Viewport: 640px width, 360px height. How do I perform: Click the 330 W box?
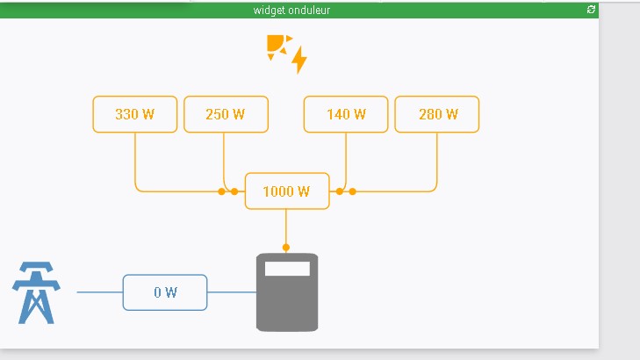[x=135, y=114]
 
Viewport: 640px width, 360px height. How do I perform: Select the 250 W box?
[x=226, y=114]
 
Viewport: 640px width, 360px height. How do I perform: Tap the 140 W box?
[x=346, y=114]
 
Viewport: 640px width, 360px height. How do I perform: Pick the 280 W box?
[x=437, y=114]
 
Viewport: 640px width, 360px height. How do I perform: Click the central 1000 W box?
[x=286, y=191]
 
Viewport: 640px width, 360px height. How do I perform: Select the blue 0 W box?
[x=165, y=292]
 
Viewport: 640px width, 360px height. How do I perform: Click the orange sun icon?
[x=277, y=46]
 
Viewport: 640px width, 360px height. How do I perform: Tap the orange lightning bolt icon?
[x=299, y=60]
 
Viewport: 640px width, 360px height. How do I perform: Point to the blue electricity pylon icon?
[x=35, y=292]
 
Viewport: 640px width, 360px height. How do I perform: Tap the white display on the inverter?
[x=287, y=269]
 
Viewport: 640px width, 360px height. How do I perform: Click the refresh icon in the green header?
[x=591, y=9]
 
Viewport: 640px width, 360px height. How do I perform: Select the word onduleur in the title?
[x=309, y=10]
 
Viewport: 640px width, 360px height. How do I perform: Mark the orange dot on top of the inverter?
[x=286, y=248]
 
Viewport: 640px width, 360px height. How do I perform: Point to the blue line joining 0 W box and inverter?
[x=231, y=292]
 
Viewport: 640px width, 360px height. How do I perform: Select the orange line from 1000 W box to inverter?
[x=286, y=228]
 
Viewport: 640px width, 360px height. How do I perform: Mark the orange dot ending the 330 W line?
[x=221, y=191]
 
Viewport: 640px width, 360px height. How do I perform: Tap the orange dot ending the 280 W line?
[x=352, y=191]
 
